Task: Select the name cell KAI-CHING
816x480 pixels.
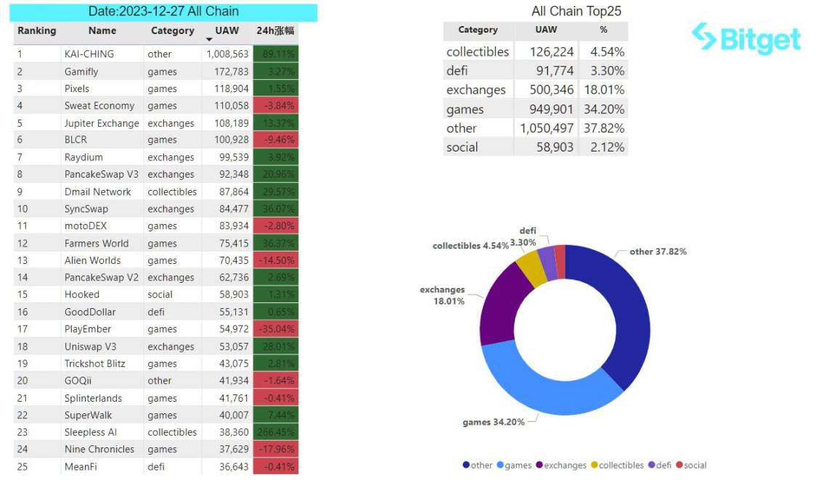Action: point(89,54)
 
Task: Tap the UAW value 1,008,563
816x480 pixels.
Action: point(227,54)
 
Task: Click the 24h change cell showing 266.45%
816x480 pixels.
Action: point(275,432)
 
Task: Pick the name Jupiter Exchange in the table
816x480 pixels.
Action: point(101,123)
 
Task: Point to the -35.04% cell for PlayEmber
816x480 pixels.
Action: point(275,329)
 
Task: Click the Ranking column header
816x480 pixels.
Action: point(36,31)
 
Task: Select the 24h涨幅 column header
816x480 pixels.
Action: point(275,31)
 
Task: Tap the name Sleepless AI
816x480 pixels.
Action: point(90,432)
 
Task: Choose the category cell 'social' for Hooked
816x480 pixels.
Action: point(160,294)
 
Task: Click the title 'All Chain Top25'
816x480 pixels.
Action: point(576,11)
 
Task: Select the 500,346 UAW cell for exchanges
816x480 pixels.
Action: point(547,90)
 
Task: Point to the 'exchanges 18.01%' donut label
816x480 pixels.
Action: point(442,295)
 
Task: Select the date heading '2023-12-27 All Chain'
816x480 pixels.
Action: point(163,12)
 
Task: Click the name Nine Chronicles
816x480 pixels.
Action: point(99,449)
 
